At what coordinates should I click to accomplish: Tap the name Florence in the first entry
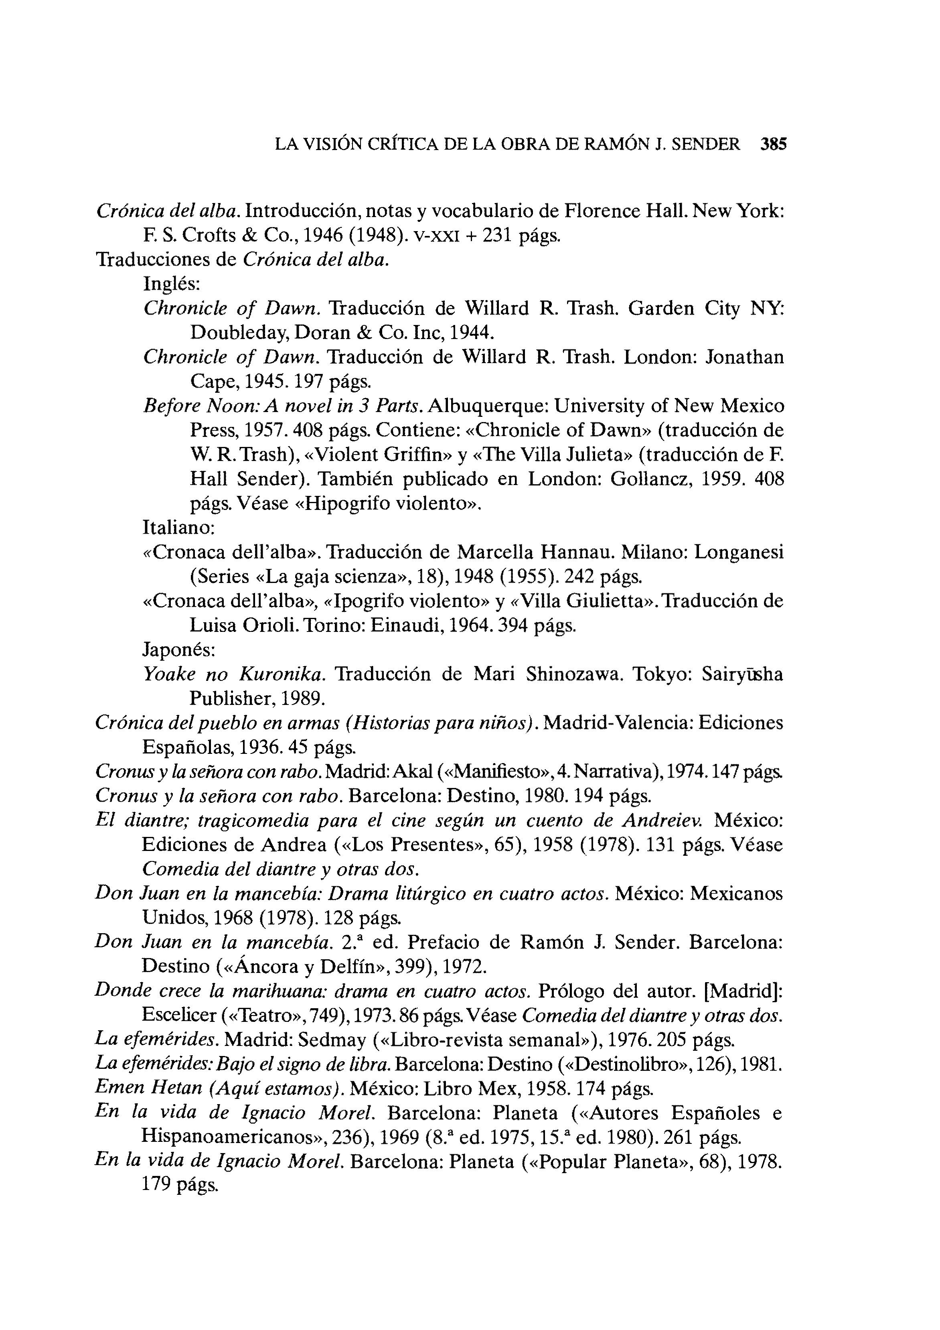(x=600, y=211)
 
